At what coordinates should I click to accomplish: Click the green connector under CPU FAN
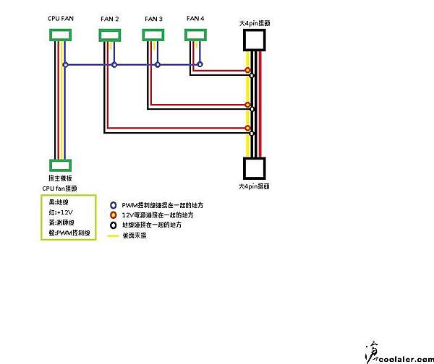pyautogui.click(x=60, y=35)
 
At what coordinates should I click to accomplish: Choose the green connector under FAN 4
pyautogui.click(x=196, y=35)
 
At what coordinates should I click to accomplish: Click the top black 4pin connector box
pyautogui.click(x=256, y=40)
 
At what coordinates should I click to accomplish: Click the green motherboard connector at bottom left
pyautogui.click(x=60, y=165)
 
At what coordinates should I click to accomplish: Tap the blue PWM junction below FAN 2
pyautogui.click(x=114, y=65)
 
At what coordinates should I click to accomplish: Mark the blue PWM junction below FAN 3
pyautogui.click(x=157, y=65)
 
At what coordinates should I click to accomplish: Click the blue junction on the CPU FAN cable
pyautogui.click(x=65, y=65)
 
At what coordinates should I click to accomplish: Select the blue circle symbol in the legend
pyautogui.click(x=113, y=205)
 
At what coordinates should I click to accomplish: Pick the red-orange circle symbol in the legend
pyautogui.click(x=113, y=215)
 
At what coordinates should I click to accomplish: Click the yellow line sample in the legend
pyautogui.click(x=113, y=235)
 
